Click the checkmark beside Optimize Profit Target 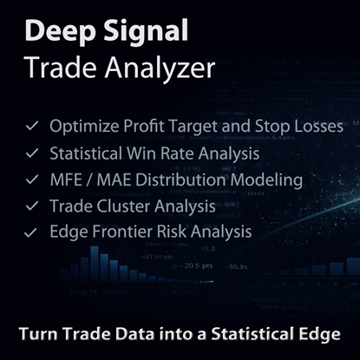tap(32, 126)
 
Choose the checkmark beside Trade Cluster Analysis tap(32, 206)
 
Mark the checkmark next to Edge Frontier tap(32, 232)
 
